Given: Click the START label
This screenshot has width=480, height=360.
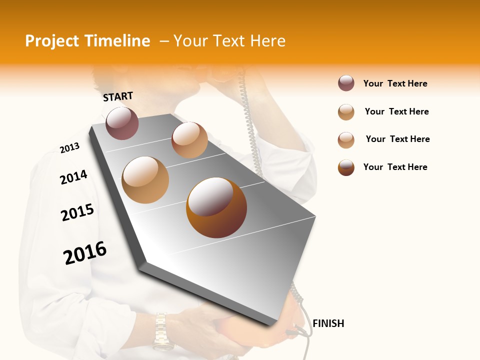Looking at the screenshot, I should click(x=118, y=96).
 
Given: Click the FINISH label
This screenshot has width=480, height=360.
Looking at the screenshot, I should click(x=328, y=323).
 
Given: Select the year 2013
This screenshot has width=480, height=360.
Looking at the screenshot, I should click(x=69, y=148).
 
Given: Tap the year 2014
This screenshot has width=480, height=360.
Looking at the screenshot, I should click(x=73, y=177).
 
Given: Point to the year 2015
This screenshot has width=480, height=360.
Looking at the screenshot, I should click(x=77, y=212).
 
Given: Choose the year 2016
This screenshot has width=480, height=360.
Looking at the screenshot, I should click(x=85, y=252).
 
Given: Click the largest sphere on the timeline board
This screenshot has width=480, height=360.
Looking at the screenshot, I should click(x=216, y=207).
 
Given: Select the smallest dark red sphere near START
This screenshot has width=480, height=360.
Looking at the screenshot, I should click(x=122, y=123).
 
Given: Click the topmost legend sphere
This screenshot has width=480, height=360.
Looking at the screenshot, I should click(x=346, y=83).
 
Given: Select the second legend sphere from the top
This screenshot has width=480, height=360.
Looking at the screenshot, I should click(x=346, y=112).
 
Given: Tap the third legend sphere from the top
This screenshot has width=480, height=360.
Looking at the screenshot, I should click(x=346, y=140).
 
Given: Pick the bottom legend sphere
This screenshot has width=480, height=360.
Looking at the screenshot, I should click(x=346, y=167).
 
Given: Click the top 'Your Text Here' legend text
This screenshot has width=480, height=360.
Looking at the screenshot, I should click(x=395, y=83).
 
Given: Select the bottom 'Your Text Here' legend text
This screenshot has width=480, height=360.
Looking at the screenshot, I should click(x=395, y=167).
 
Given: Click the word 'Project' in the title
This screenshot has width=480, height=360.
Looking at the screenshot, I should click(x=51, y=41).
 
